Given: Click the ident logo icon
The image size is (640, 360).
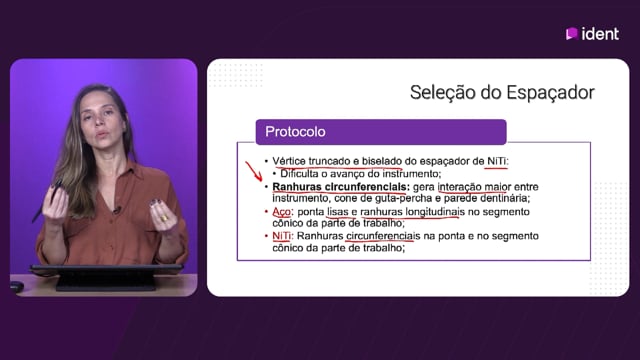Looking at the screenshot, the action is pos(571,33).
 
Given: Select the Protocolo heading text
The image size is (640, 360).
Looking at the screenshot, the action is pos(295,131).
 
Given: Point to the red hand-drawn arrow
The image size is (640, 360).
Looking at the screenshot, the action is pos(254,171).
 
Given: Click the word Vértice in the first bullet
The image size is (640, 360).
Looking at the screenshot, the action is pos(289,161).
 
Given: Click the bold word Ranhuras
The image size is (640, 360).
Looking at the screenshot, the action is pos(297,187).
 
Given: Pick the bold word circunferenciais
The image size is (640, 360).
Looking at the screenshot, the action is pos(367,187).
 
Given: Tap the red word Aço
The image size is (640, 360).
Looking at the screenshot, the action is pos(282,212).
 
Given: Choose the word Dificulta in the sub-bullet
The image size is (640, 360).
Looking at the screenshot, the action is pos(299,174).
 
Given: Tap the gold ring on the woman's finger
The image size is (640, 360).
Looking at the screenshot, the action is pos(164,218).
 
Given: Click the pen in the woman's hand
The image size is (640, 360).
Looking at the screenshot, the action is pos(47,200).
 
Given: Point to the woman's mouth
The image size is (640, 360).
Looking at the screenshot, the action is pos(101,134).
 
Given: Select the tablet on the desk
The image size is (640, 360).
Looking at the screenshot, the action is pos(106,277).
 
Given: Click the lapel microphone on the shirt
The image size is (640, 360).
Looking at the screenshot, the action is pos(117,210).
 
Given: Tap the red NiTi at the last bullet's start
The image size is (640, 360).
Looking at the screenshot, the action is pos(282,236).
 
